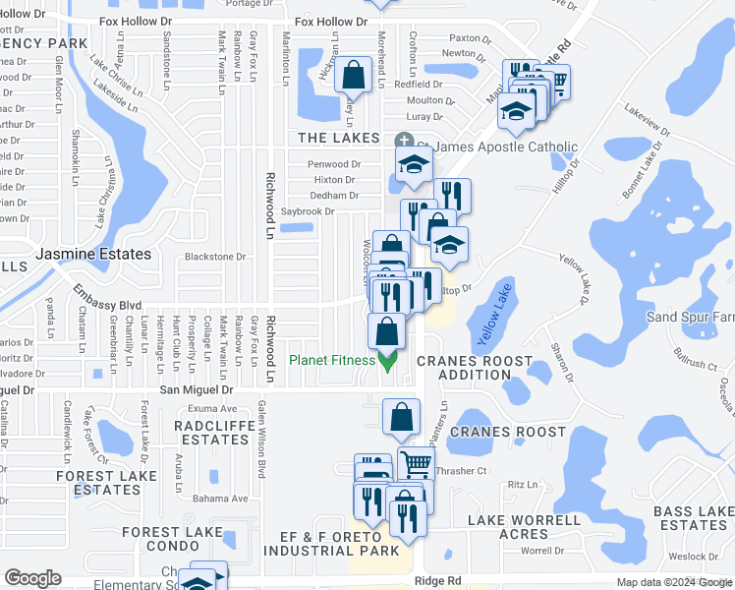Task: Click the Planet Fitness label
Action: click(x=331, y=360)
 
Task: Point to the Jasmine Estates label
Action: click(x=93, y=254)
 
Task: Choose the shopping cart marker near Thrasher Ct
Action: click(x=417, y=462)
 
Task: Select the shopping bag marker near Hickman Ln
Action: click(x=352, y=75)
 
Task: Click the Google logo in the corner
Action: click(x=32, y=578)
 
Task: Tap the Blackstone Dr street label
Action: click(x=215, y=257)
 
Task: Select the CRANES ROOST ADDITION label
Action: click(x=475, y=368)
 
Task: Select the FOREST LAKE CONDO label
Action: click(x=173, y=539)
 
